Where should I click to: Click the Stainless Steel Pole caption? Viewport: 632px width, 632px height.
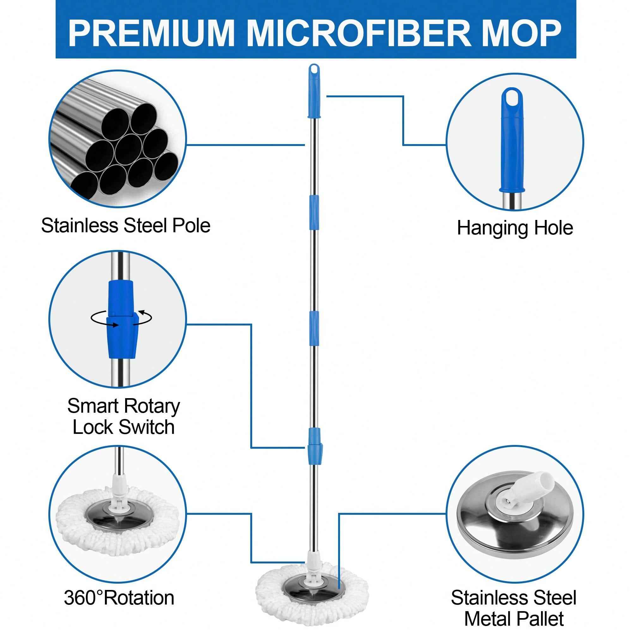pos(126,226)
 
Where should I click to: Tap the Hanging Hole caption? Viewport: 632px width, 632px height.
pos(515,228)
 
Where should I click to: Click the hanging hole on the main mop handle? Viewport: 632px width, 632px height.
pos(314,70)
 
